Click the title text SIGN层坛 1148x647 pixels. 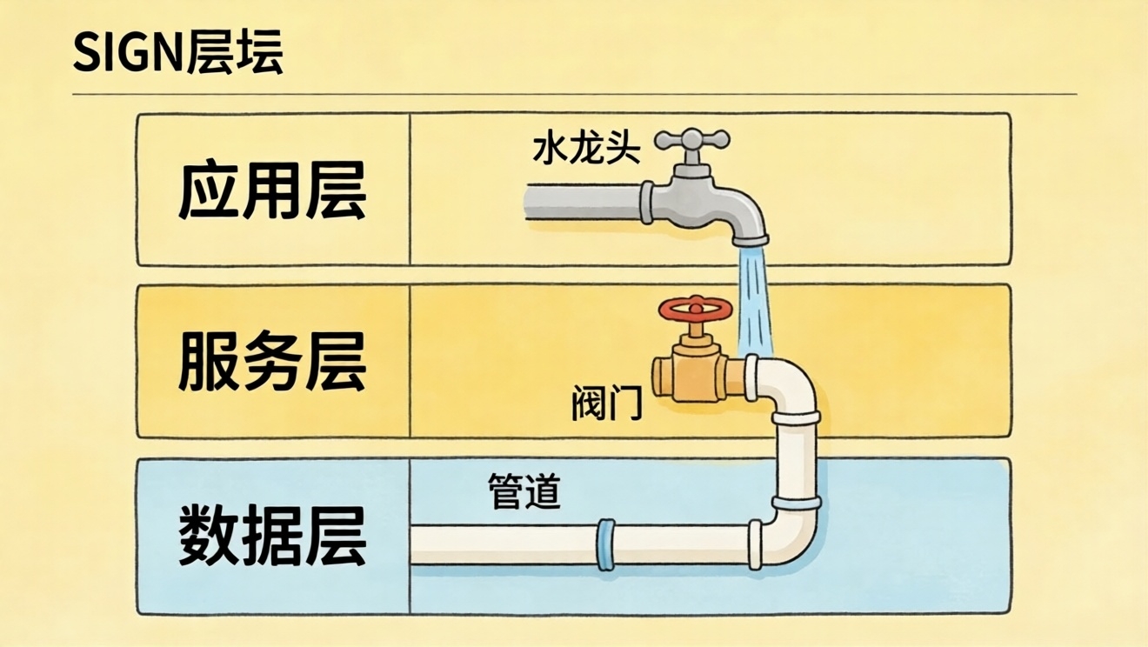tap(178, 54)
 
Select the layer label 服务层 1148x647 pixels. tap(272, 362)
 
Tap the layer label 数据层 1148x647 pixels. tap(272, 535)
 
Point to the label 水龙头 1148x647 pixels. tap(586, 150)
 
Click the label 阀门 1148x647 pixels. tap(607, 404)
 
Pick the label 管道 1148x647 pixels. tap(525, 492)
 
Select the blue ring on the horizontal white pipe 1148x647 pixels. tap(605, 544)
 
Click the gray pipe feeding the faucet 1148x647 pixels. tap(583, 203)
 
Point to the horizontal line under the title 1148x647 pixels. tap(574, 93)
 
